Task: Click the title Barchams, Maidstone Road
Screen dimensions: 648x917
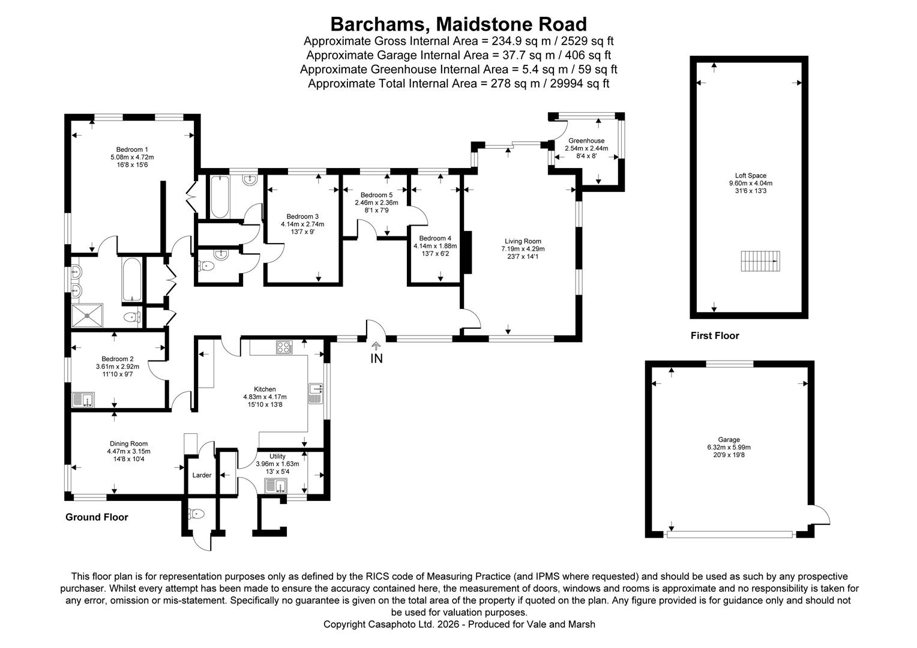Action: click(458, 24)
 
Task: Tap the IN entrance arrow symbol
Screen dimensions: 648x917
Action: click(376, 346)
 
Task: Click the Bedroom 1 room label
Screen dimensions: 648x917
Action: click(132, 149)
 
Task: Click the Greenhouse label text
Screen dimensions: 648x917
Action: click(586, 141)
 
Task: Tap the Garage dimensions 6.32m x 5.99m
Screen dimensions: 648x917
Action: click(729, 447)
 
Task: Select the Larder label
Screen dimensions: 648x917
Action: click(202, 475)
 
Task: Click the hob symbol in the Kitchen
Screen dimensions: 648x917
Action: click(283, 347)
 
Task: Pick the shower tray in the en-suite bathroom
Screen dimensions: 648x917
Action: click(88, 314)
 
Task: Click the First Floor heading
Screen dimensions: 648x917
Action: click(714, 336)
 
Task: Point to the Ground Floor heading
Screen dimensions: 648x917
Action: click(97, 517)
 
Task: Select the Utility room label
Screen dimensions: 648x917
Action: click(277, 456)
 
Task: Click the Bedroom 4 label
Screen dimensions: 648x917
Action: click(435, 238)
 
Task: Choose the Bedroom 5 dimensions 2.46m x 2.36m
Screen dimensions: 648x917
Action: click(376, 203)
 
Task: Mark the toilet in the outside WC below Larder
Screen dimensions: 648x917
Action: click(196, 514)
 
